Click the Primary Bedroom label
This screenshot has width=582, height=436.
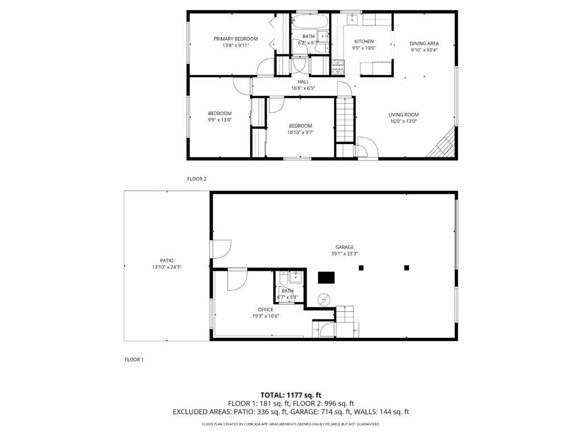pos(235,39)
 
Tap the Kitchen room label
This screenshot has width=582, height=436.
pos(364,41)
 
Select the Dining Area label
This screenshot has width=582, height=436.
pos(424,43)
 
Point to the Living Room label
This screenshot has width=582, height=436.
pos(404,115)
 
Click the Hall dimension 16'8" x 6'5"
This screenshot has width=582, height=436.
pos(304,88)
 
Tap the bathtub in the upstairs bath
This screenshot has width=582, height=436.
pos(310,22)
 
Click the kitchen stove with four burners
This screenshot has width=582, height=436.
pos(338,66)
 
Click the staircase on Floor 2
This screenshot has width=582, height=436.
pos(345,119)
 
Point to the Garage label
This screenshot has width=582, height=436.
pos(344,248)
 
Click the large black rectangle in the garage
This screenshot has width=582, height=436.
pos(326,278)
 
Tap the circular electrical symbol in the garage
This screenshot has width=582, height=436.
pos(323,299)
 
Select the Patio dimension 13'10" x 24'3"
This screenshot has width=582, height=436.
pos(167,267)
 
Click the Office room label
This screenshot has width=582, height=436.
pos(265,309)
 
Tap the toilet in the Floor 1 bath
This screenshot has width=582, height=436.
pos(284,278)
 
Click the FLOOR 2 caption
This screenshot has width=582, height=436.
pos(196,179)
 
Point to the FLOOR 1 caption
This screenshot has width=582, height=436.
pos(134,359)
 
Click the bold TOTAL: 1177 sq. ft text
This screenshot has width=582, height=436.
pos(290,395)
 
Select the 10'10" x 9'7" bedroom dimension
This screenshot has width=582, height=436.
pos(300,132)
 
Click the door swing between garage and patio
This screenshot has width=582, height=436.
pos(222,249)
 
